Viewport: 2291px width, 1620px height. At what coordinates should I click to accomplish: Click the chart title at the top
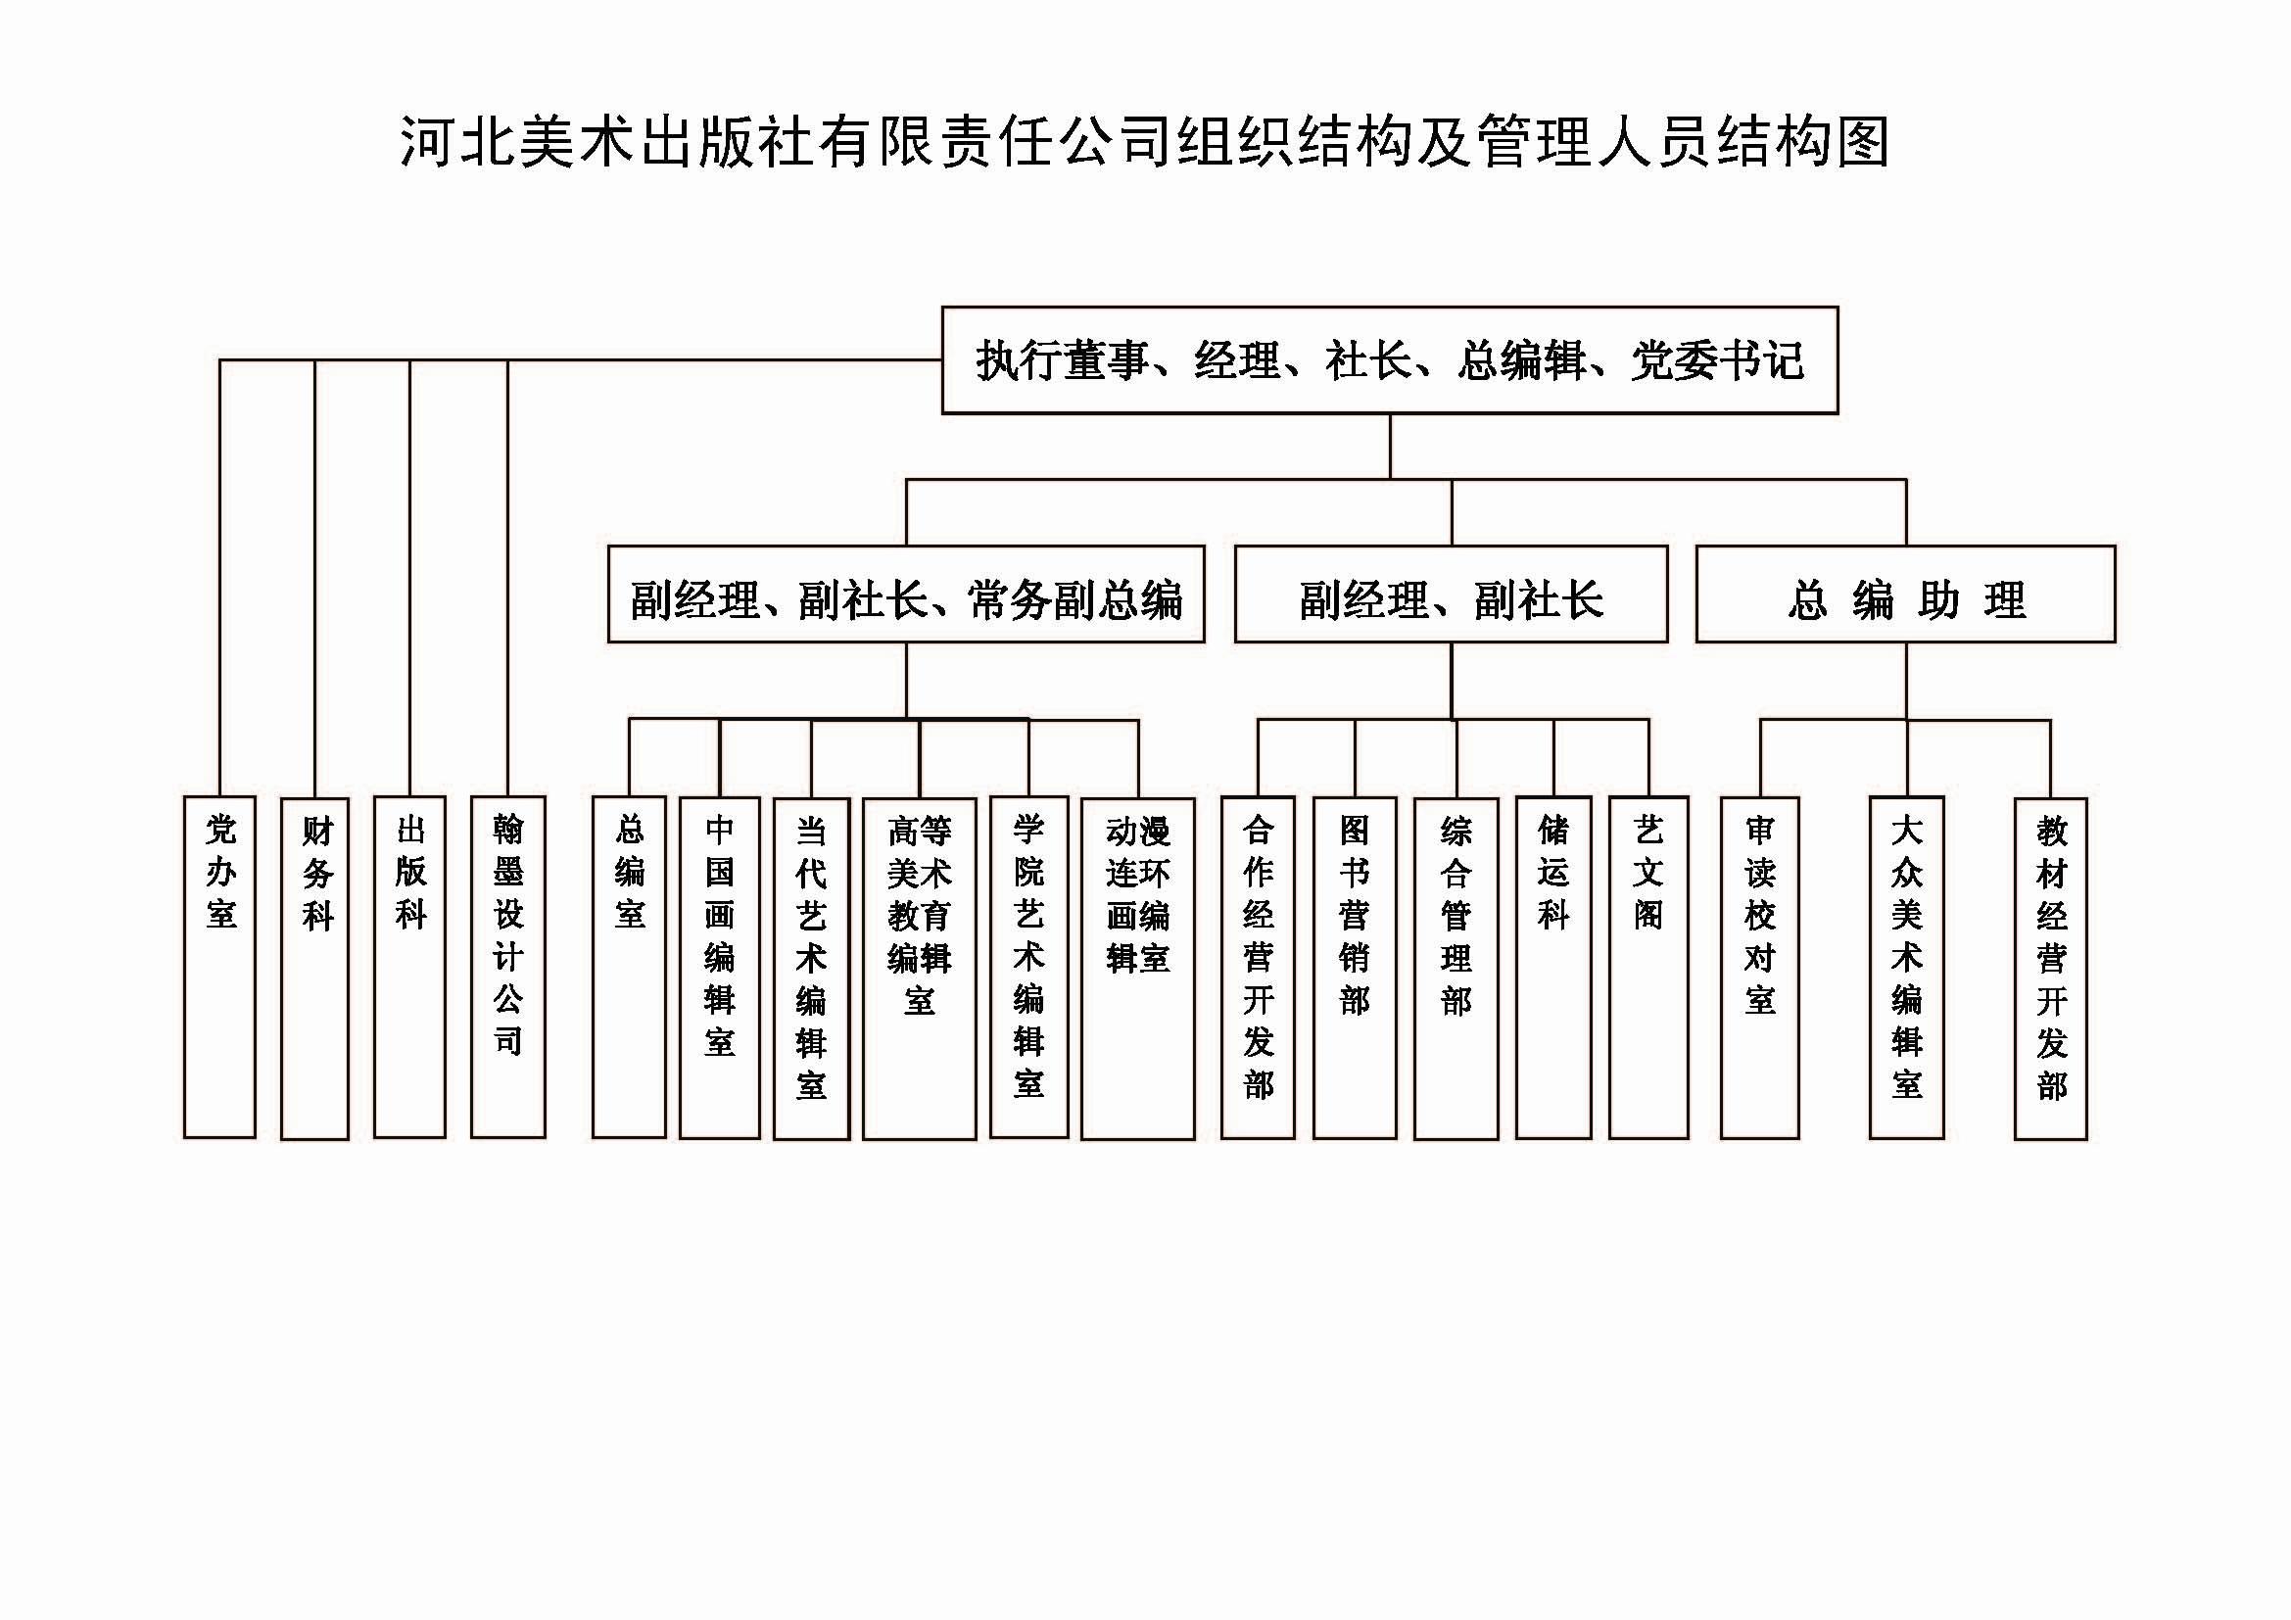[x=1144, y=141]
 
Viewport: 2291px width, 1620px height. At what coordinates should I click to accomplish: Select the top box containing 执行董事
[x=1390, y=360]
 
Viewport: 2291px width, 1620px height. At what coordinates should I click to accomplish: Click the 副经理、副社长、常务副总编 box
[x=906, y=595]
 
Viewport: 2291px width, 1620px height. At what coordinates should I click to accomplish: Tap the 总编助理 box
[x=1906, y=595]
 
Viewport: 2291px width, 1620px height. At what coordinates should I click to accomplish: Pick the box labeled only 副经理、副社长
[x=1451, y=595]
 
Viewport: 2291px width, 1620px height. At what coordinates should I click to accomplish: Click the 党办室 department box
[x=219, y=967]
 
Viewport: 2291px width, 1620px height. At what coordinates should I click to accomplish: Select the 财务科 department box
[x=315, y=969]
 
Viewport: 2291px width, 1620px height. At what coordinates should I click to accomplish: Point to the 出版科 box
[x=410, y=967]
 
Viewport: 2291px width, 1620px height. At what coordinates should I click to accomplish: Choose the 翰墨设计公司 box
[x=508, y=967]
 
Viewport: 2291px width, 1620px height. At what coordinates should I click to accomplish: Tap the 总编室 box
[x=629, y=967]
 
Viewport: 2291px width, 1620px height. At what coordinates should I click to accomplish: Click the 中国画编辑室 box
[x=720, y=969]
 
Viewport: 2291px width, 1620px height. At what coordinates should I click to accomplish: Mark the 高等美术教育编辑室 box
[x=919, y=969]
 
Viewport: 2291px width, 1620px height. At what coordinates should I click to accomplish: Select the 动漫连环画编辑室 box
[x=1137, y=969]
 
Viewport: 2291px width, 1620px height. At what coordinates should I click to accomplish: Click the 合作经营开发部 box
[x=1259, y=968]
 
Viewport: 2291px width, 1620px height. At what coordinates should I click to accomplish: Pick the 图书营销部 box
[x=1355, y=969]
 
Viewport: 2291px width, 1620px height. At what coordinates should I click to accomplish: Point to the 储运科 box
[x=1553, y=969]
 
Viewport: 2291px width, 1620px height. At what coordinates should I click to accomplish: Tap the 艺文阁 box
[x=1648, y=968]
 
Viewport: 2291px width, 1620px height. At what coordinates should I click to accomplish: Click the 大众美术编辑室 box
[x=1907, y=968]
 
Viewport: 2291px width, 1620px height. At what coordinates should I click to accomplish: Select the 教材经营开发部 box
[x=2050, y=969]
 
